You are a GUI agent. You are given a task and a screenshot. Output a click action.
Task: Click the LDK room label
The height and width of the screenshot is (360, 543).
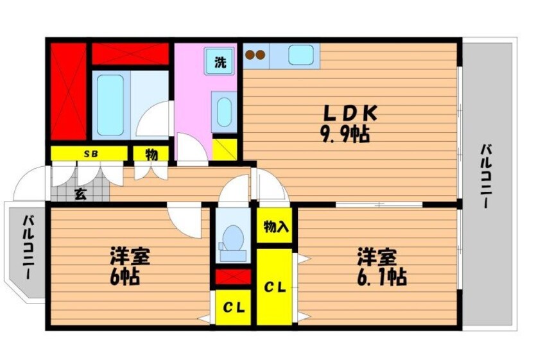349,114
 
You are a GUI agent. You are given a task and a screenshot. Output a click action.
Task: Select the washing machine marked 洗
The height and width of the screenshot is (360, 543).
220,62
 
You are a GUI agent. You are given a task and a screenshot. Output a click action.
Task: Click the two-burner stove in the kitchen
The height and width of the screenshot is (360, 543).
255,56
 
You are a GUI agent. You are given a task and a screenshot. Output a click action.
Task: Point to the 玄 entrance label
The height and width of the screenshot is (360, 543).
80,194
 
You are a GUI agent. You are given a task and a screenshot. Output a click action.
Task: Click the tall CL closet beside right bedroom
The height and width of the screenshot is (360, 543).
275,286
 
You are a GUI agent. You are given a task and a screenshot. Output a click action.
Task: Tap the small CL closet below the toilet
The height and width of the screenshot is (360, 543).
232,308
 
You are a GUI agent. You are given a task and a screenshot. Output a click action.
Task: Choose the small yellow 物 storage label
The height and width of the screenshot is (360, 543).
151,154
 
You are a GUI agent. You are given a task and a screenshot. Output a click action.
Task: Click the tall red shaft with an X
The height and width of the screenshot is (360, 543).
68,90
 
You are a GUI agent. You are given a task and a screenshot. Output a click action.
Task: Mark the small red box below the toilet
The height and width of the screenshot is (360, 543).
232,277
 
